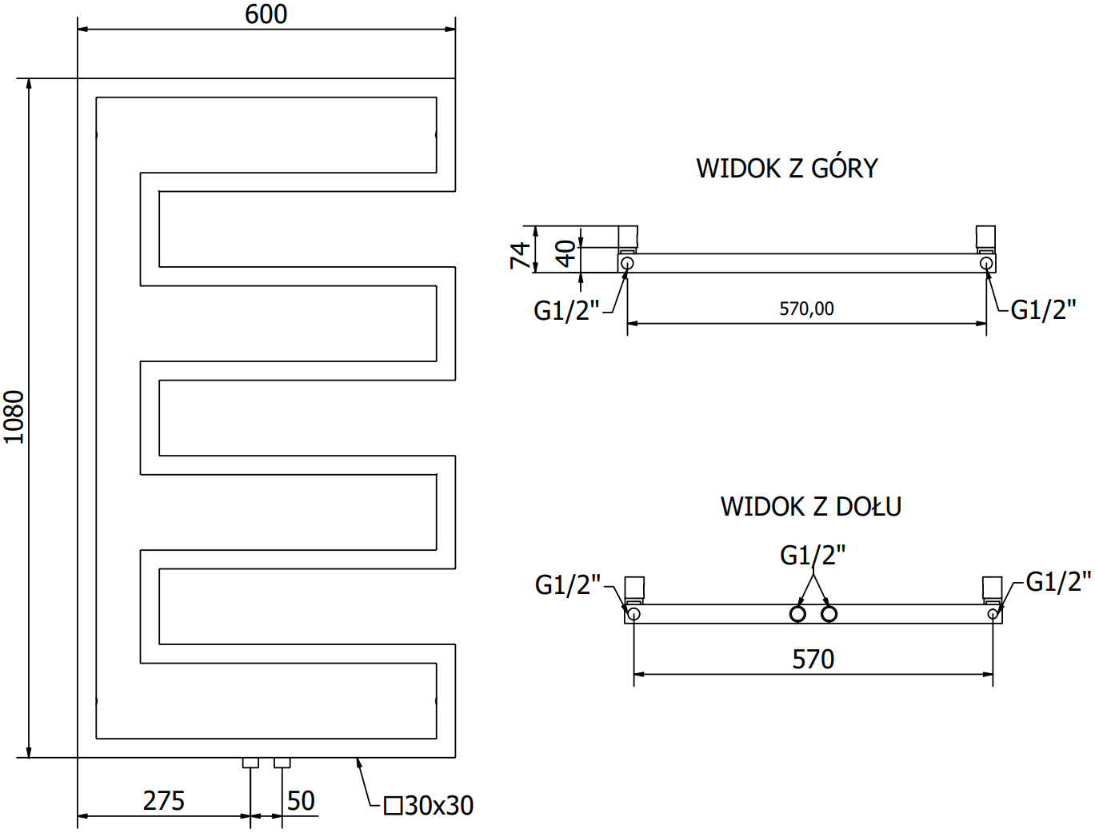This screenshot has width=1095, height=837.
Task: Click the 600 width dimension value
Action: (266, 14)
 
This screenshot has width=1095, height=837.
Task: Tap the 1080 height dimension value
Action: (14, 417)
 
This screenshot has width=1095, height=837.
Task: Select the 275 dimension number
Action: (163, 800)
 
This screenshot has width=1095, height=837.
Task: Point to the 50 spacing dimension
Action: (301, 800)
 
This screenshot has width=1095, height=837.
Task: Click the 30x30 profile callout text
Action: (430, 805)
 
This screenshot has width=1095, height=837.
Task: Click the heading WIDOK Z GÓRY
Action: (787, 169)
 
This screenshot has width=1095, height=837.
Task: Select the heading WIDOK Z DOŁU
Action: (810, 507)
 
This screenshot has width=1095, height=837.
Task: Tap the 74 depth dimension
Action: (520, 255)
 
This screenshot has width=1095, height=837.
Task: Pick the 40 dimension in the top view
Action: (565, 254)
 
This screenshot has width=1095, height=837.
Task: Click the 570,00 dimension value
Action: (806, 309)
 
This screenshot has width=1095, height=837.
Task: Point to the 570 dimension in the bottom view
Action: (813, 660)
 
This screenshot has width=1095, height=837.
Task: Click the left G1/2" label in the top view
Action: (566, 310)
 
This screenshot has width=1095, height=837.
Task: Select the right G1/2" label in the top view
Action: (1043, 309)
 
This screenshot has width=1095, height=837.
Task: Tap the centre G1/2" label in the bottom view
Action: (813, 555)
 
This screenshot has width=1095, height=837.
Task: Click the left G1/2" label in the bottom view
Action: (567, 585)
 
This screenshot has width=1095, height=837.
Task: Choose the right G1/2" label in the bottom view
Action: (1057, 582)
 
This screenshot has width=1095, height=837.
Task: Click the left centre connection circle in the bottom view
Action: (797, 614)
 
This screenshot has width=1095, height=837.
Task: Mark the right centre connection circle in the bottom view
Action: (829, 614)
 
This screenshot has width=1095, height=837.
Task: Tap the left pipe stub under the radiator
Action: (250, 763)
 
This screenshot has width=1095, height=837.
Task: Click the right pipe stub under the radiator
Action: (282, 763)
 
